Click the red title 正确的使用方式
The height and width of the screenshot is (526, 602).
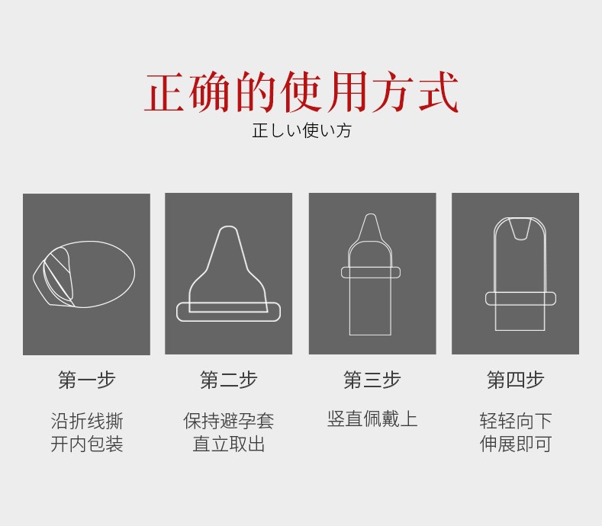point(301,92)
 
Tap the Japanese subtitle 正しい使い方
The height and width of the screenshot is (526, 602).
point(302,130)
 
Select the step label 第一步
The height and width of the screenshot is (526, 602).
point(87,380)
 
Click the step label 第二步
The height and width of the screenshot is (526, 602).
point(228,380)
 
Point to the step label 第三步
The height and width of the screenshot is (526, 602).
point(372,380)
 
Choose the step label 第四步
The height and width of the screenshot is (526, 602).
point(515,380)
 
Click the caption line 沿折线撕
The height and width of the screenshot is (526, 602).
point(87,422)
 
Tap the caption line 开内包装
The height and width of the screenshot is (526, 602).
point(87,444)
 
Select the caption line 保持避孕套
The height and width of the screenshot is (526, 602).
point(228,422)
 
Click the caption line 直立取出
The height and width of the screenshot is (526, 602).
point(228,444)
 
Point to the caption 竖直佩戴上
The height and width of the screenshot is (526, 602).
point(372,419)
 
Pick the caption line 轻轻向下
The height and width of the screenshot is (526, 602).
point(515,422)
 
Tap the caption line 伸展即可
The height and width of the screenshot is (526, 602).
point(515,444)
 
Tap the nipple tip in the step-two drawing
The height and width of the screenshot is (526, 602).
point(228,227)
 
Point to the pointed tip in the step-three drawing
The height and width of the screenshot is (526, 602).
point(371,215)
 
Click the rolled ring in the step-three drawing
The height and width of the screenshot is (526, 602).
point(371,276)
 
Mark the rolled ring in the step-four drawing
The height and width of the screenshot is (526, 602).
point(520,304)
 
